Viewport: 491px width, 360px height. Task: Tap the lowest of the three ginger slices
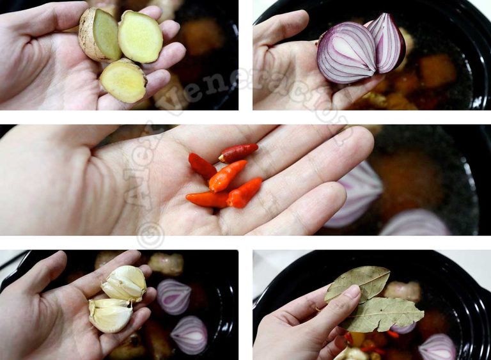[123, 81]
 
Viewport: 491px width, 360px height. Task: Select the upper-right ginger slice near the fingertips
[140, 37]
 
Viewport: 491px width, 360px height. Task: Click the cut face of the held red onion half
[346, 53]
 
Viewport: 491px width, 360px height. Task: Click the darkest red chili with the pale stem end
[238, 153]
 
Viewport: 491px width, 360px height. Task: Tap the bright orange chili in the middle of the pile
[227, 176]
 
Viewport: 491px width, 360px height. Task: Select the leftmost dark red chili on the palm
[202, 166]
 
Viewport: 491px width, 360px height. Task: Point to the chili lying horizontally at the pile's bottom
[207, 200]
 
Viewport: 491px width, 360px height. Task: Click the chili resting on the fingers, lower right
[245, 192]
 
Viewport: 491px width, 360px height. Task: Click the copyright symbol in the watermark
[150, 235]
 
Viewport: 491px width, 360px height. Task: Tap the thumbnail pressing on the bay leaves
[351, 292]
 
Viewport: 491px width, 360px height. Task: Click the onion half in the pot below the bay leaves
[437, 348]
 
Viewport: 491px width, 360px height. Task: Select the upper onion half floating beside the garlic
[174, 296]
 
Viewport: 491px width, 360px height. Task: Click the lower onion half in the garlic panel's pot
[189, 334]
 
